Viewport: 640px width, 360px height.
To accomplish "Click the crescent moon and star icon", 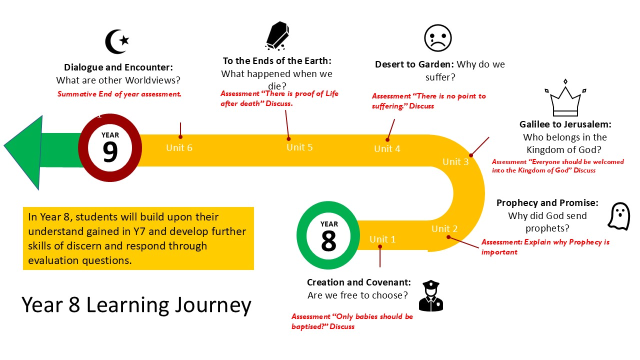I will [x=117, y=41].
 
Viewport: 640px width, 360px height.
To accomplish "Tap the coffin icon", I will [x=276, y=36].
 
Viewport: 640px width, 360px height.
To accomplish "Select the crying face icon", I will [x=437, y=38].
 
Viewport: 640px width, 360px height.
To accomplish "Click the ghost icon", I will [x=618, y=216].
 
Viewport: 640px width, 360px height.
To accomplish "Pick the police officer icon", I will [x=430, y=296].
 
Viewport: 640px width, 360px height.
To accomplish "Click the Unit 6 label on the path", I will [x=179, y=148].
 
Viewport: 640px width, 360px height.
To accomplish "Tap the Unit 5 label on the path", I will [x=299, y=147].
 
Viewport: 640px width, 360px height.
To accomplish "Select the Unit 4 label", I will [x=387, y=149].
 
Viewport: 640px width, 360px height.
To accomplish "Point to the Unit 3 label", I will [x=455, y=161].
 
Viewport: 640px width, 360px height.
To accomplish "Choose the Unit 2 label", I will [x=444, y=229].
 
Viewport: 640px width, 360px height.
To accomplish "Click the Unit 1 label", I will [x=382, y=239].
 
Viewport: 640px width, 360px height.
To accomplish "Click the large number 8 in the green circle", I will [x=328, y=241].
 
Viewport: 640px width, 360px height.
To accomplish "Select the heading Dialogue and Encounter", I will [x=118, y=67].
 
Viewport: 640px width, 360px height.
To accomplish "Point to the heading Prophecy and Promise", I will [x=547, y=203].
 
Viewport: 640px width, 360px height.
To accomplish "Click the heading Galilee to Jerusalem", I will [x=565, y=124].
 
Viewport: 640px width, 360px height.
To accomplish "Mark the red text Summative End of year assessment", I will [x=119, y=93].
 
